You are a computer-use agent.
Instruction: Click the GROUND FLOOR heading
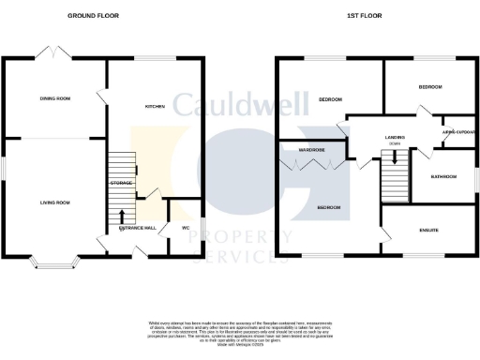(95, 17)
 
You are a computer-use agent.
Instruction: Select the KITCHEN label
(155, 107)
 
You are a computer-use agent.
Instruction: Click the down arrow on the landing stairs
(395, 158)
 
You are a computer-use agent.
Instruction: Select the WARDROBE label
(300, 148)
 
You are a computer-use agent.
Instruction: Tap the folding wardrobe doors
(312, 166)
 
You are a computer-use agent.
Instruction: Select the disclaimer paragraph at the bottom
(239, 332)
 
